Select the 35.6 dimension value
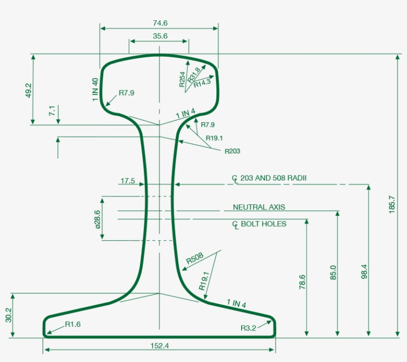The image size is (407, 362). pyautogui.click(x=160, y=36)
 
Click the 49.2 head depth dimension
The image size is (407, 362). pyautogui.click(x=28, y=90)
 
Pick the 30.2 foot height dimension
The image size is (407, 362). pyautogui.click(x=8, y=315)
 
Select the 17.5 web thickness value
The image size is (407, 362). pyautogui.click(x=127, y=181)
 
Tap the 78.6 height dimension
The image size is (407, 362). pyautogui.click(x=303, y=282)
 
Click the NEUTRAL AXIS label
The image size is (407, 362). pyautogui.click(x=259, y=207)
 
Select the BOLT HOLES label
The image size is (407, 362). pyautogui.click(x=263, y=224)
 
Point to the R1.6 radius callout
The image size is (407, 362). pyautogui.click(x=72, y=324)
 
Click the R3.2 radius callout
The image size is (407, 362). pyautogui.click(x=248, y=328)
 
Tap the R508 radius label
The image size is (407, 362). pyautogui.click(x=195, y=259)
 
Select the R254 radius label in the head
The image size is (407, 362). pyautogui.click(x=182, y=79)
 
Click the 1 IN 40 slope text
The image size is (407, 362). pyautogui.click(x=95, y=90)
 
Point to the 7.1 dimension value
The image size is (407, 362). pyautogui.click(x=51, y=111)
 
